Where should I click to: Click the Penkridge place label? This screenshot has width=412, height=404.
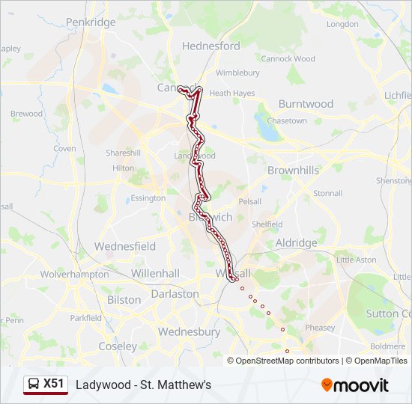(x=91, y=22)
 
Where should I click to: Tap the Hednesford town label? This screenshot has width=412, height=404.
(x=212, y=46)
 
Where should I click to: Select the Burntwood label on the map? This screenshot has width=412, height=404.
(x=306, y=104)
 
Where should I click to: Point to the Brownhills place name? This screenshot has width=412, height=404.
(x=293, y=171)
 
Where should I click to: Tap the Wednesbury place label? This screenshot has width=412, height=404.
(x=189, y=331)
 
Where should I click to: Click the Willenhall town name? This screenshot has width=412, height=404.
(x=155, y=274)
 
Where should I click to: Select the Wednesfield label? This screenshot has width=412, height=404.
(x=124, y=246)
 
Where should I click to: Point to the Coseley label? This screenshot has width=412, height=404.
(x=118, y=346)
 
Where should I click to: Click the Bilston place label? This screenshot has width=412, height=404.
(x=124, y=300)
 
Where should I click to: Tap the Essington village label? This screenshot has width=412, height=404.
(x=148, y=198)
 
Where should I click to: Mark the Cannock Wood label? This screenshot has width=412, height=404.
(x=288, y=58)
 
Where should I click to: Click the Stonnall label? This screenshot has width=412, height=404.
(x=327, y=193)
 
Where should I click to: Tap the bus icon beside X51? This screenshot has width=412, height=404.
(x=34, y=385)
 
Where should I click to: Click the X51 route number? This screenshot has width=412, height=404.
(x=53, y=384)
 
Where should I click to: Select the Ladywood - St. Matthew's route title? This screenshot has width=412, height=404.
(x=143, y=385)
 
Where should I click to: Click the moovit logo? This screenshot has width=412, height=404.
(x=355, y=385)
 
